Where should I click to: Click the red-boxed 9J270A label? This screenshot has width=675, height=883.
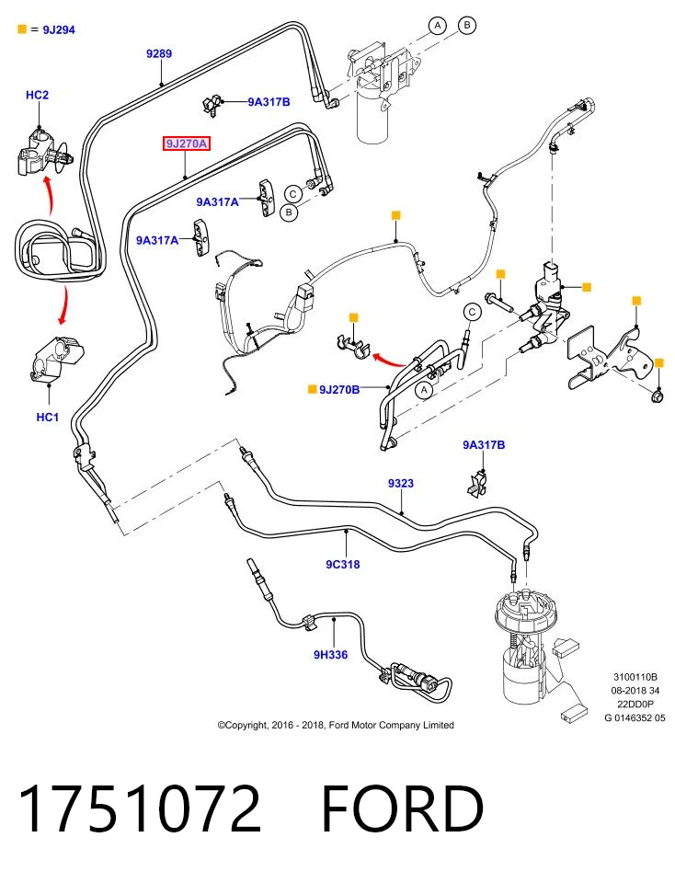187,143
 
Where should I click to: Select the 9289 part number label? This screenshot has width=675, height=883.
159,53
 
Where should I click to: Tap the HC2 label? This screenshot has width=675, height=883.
37,95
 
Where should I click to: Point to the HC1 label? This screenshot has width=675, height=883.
47,417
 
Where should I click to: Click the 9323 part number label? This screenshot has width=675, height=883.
401,483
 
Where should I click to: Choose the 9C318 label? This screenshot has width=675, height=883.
342,564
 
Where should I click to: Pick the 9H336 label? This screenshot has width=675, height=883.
330,654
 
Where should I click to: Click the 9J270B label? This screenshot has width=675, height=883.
339,389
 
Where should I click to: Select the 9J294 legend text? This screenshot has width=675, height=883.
59,29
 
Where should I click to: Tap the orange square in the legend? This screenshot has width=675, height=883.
22,29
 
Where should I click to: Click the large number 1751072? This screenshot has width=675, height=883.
140,808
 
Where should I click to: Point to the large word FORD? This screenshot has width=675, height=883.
403,808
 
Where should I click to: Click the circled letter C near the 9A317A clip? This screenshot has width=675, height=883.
292,194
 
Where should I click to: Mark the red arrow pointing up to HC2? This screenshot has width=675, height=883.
48,194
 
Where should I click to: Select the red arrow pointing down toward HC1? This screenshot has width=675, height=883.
63,305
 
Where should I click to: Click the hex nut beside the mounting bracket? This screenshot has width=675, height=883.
657,396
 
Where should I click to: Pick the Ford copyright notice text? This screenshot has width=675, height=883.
336,725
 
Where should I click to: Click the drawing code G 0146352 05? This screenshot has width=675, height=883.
635,718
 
